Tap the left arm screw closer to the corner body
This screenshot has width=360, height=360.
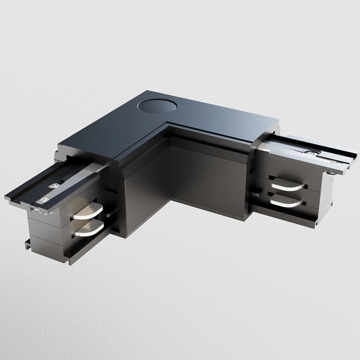point(55,186)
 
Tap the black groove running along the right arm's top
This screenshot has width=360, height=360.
point(300,150)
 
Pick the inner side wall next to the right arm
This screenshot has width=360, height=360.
point(210,174)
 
